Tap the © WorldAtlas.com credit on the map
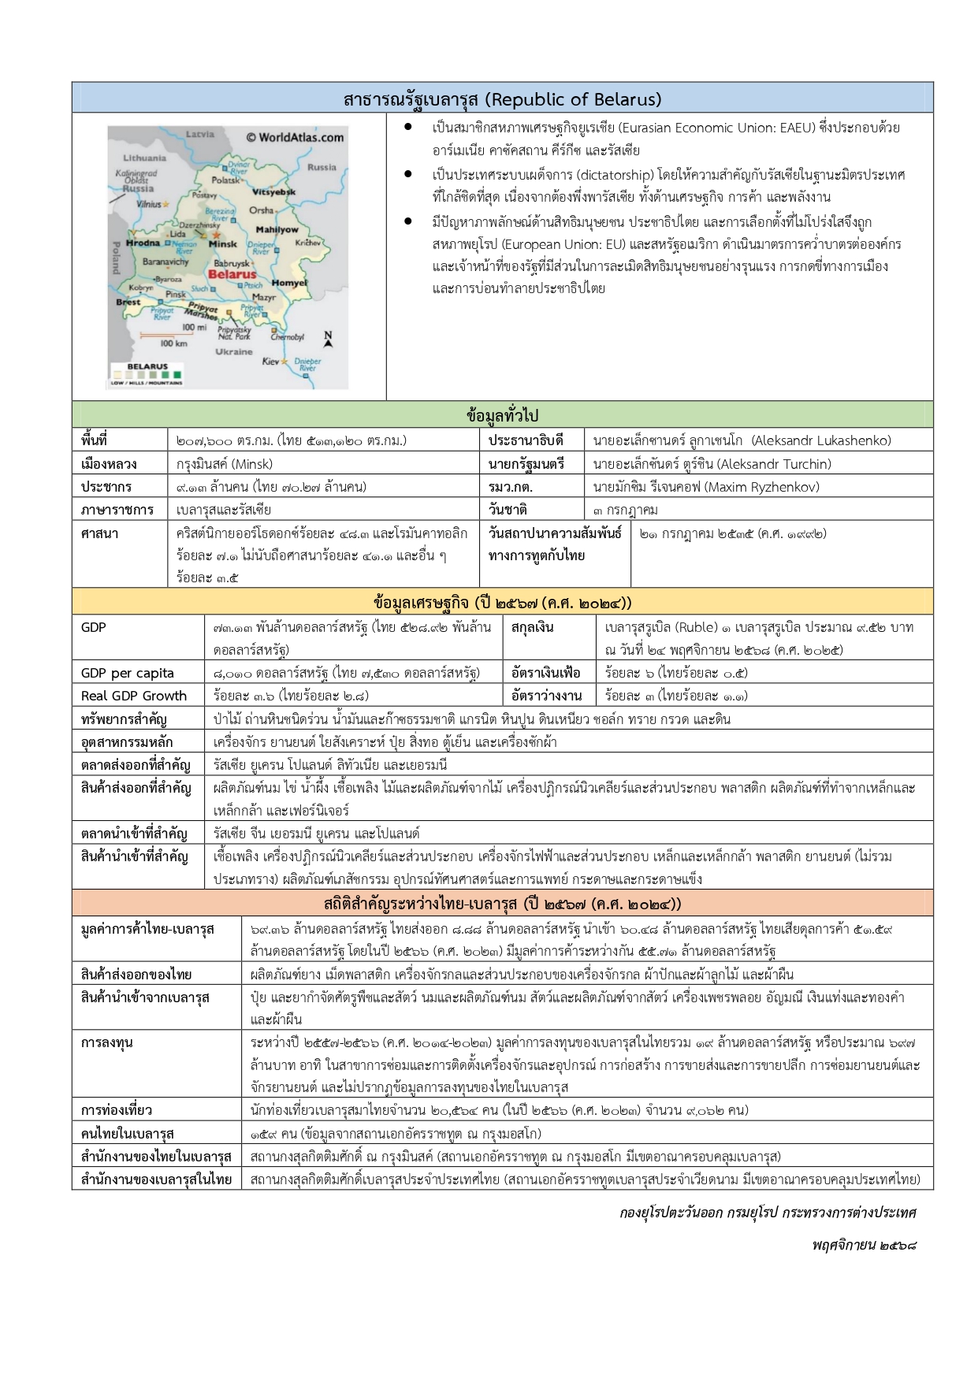(295, 137)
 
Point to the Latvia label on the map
(200, 134)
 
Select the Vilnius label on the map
(148, 203)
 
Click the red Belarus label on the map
(232, 274)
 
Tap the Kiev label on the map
(270, 361)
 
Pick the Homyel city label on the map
(289, 283)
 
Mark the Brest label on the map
(128, 302)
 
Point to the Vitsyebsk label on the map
(274, 191)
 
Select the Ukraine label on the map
(234, 351)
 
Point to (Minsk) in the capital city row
(251, 464)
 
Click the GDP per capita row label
(128, 673)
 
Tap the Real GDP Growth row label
(134, 696)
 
